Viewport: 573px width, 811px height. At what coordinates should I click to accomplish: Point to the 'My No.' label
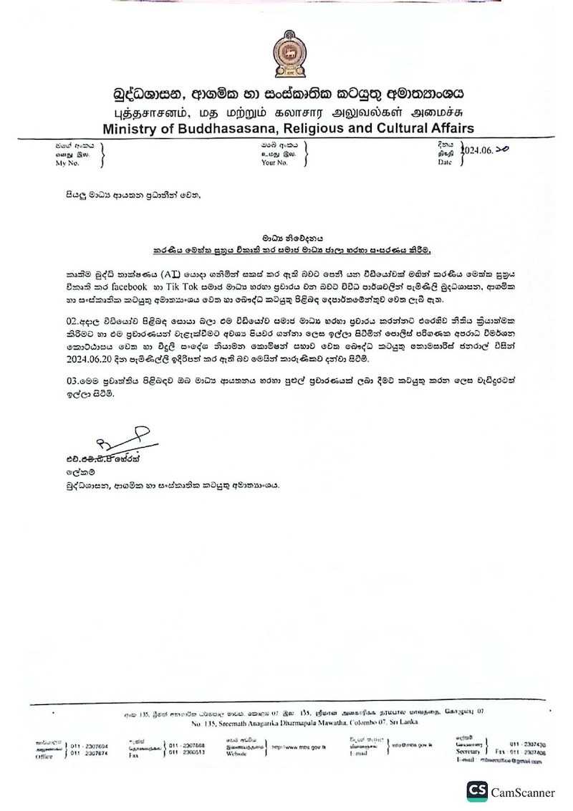click(69, 163)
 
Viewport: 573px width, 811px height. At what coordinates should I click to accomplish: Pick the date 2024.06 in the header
click(479, 151)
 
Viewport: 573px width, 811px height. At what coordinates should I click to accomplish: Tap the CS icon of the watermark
click(477, 791)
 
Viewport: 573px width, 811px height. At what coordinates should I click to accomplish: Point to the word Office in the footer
click(44, 757)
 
